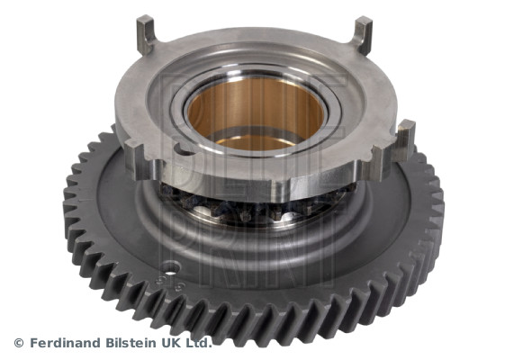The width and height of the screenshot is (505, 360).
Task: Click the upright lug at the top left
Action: coord(145,34)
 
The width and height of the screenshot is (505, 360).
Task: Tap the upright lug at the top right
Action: coord(363,35)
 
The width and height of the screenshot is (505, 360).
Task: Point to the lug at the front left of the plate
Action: coord(140,160)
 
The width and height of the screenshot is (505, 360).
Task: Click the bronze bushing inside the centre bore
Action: coord(255,112)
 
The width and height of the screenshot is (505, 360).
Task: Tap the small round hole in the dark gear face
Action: coord(171,268)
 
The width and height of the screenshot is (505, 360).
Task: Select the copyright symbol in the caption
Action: coord(19,343)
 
